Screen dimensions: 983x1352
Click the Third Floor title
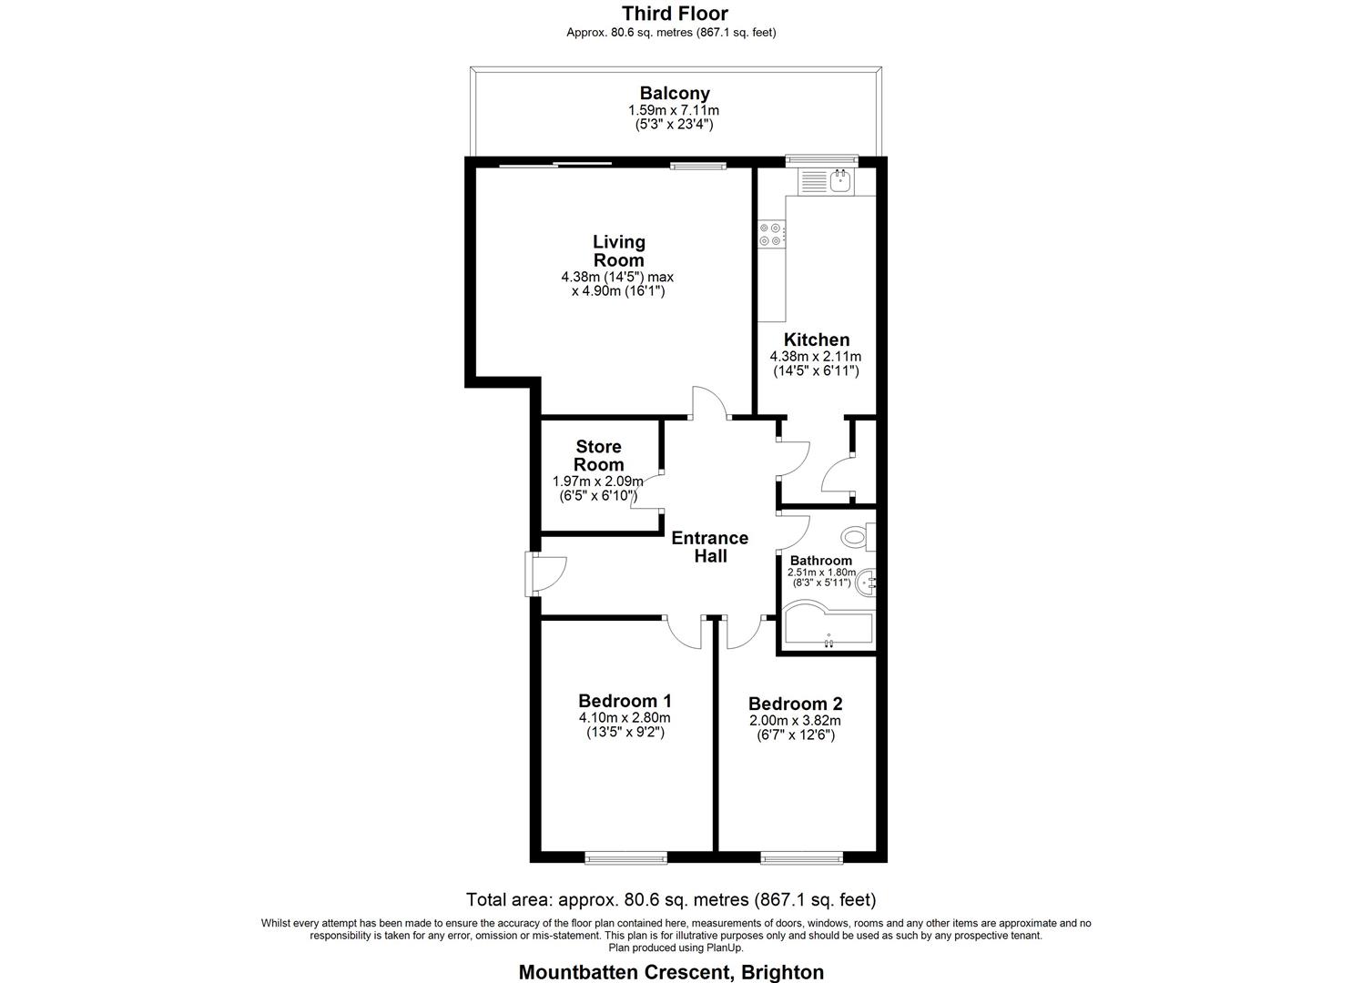point(675,13)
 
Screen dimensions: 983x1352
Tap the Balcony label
point(675,93)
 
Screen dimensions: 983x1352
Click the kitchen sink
point(839,182)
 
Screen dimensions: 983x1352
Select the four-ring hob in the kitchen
point(771,235)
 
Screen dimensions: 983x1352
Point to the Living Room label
point(619,250)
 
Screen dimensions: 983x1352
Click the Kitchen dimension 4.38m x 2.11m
point(815,357)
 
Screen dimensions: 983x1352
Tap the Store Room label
point(598,455)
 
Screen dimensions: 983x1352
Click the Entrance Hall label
point(709,546)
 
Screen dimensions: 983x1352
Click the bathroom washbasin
point(867,580)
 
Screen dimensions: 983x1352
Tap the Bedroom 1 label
point(625,701)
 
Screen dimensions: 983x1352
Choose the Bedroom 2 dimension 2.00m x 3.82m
point(795,720)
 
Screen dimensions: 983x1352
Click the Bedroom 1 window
point(625,856)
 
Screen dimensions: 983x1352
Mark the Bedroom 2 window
point(802,856)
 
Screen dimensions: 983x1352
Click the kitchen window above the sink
point(822,160)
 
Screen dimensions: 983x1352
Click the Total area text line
point(671,900)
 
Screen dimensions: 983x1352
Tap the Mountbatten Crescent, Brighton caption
point(671,972)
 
